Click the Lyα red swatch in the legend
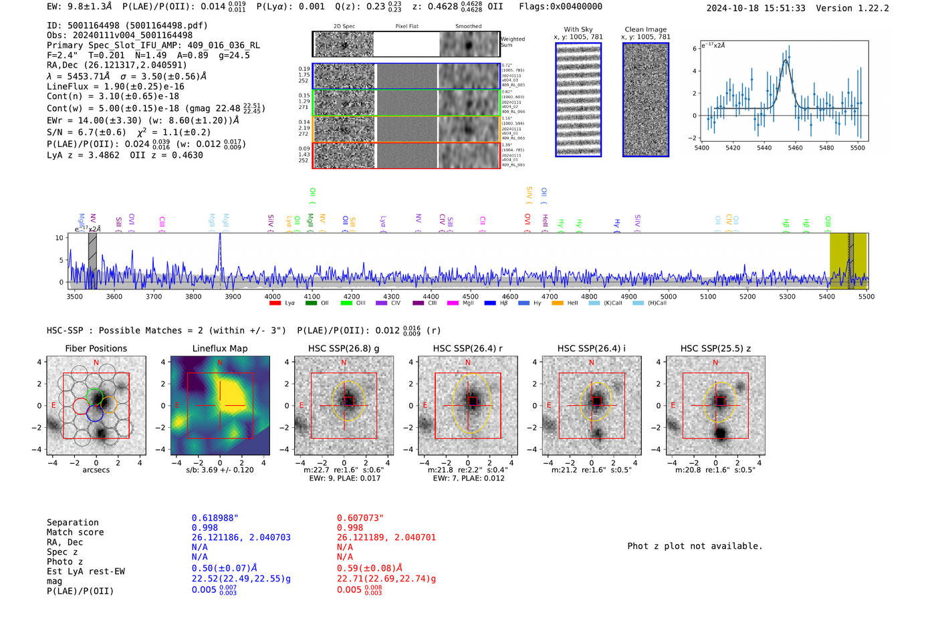[275, 303]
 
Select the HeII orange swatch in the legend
[558, 303]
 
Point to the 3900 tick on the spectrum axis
[233, 292]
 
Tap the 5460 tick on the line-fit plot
[795, 144]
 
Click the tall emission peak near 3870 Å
[220, 235]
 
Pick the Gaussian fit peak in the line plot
[786, 60]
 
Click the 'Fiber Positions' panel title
[96, 348]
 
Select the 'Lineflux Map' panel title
[220, 348]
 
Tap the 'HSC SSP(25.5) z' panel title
[715, 348]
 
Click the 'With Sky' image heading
[578, 29]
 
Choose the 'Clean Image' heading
[646, 29]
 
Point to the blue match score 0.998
[205, 528]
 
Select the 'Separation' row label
[72, 523]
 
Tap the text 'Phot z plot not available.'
[695, 546]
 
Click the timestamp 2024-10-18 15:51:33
[755, 8]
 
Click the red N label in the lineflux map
[220, 363]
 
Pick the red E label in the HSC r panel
[425, 406]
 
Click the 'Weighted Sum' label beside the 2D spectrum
[513, 42]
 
